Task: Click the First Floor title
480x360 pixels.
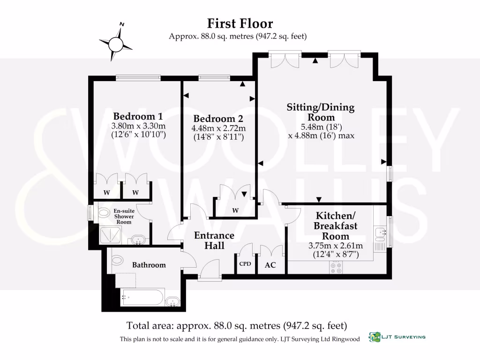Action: click(x=240, y=23)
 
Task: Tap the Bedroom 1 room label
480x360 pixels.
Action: click(x=138, y=116)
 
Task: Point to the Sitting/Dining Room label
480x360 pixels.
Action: click(x=321, y=112)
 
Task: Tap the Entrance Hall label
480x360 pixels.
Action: click(x=214, y=240)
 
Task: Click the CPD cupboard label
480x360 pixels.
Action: click(x=245, y=264)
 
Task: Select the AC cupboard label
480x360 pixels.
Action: click(x=270, y=265)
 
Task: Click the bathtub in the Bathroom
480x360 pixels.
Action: click(x=142, y=297)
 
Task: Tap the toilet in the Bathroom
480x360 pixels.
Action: click(x=117, y=260)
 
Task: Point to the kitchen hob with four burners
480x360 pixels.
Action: click(x=336, y=267)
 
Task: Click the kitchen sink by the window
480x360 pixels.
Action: click(x=380, y=232)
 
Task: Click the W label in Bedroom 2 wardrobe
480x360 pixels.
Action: click(x=235, y=210)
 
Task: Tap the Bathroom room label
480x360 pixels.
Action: click(x=149, y=265)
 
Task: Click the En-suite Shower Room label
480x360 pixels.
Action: click(x=124, y=216)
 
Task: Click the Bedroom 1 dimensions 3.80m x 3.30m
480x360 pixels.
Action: click(x=138, y=127)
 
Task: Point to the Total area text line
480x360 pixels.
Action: click(x=236, y=325)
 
